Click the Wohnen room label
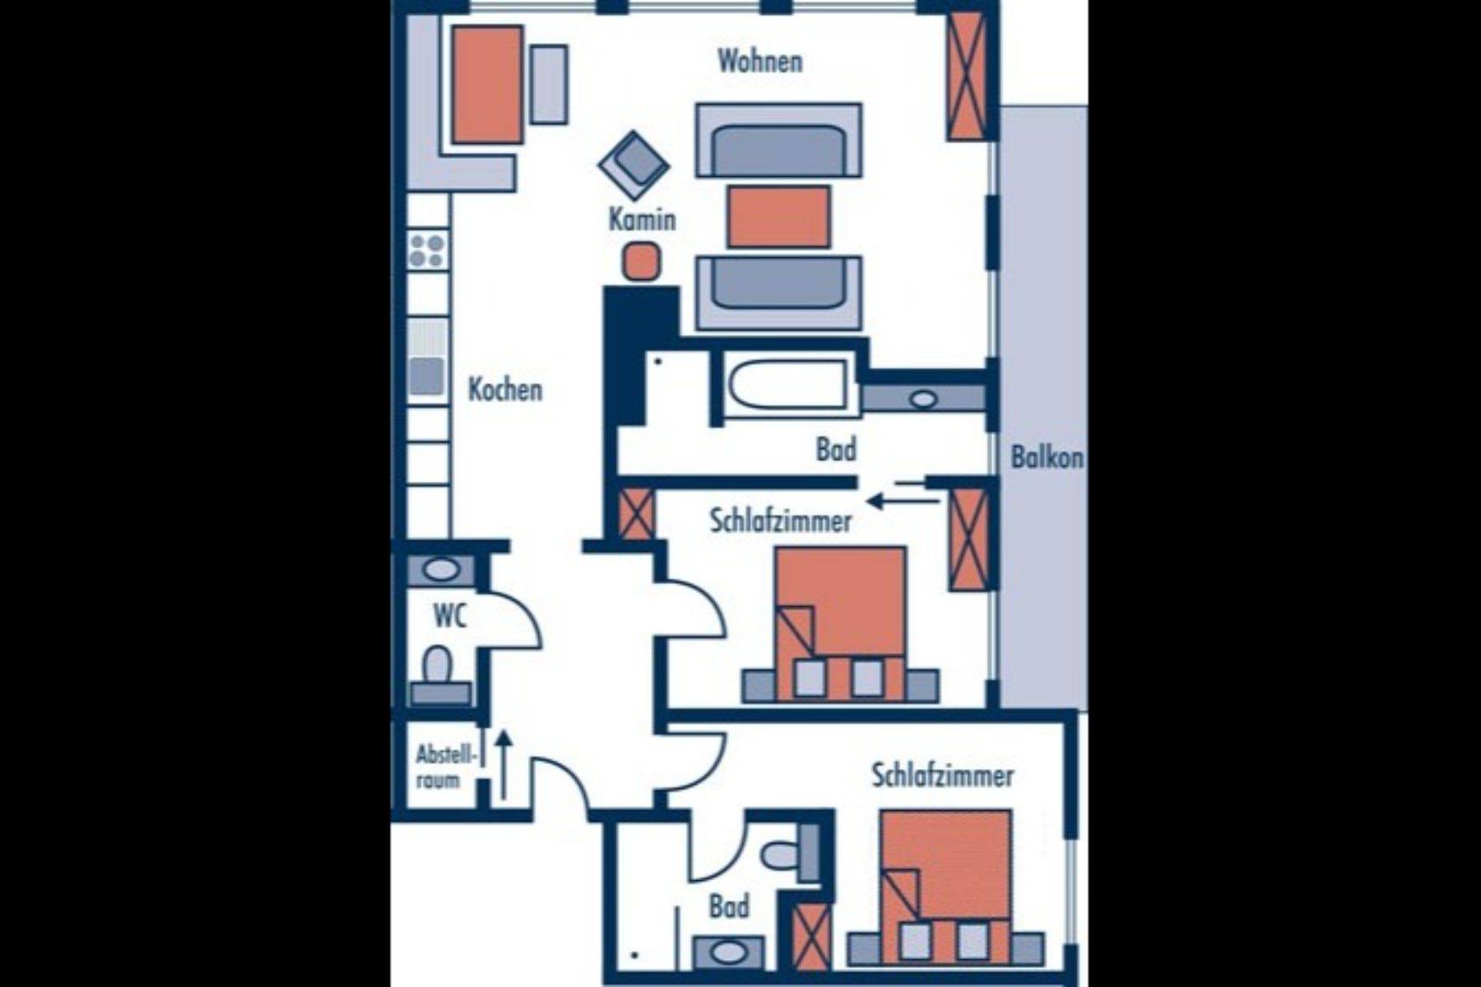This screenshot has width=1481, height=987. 759,61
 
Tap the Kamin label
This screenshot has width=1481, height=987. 642,219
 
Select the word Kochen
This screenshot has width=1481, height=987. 505,389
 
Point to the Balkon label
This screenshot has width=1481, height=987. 1047,457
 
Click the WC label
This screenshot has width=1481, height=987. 449,615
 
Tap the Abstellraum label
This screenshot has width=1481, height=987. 445,767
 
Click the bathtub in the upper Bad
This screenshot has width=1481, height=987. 788,385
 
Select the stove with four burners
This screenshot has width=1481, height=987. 428,249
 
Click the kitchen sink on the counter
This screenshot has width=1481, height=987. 428,375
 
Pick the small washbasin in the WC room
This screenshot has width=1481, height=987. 442,569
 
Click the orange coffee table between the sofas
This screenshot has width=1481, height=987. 778,216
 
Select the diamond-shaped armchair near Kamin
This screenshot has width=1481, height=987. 634,164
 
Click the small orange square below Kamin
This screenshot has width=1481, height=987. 641,262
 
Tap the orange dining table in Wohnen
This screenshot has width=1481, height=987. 487,84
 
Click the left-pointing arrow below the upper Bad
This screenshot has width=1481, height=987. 903,499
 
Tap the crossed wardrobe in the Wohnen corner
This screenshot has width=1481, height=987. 967,75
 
